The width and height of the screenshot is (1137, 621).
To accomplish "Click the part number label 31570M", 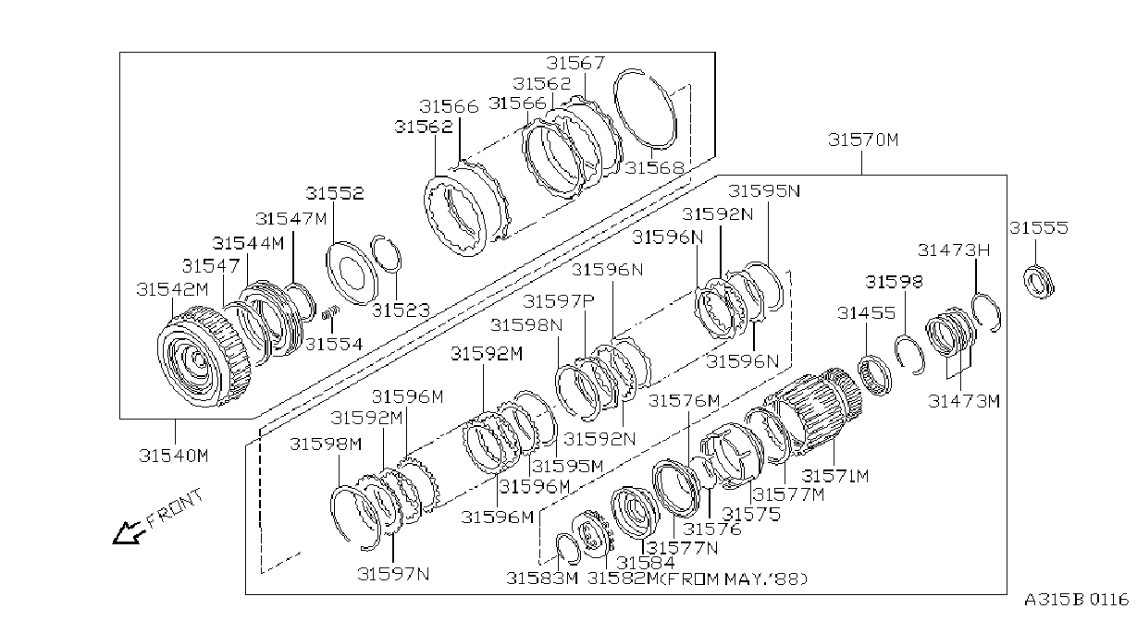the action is (863, 140).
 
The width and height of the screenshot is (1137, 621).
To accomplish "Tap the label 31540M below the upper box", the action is (174, 456).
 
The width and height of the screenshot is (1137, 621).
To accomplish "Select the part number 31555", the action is (1039, 227).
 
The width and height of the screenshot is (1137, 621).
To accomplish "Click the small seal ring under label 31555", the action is (1039, 281).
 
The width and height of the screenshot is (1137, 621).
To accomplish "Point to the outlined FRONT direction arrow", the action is (129, 533).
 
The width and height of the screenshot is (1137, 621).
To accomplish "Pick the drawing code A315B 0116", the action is (1076, 600).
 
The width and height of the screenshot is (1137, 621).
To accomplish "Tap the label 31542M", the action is (173, 289).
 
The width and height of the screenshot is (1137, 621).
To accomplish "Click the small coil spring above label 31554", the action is (330, 313).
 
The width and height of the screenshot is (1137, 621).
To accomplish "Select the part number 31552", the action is (335, 193).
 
